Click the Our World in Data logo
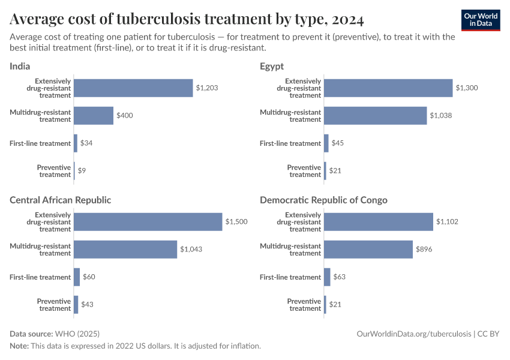click(x=480, y=20)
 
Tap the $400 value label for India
click(x=125, y=116)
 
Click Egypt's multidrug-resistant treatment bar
click(x=375, y=116)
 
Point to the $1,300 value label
click(x=467, y=88)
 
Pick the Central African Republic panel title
click(x=61, y=200)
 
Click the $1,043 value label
click(x=191, y=250)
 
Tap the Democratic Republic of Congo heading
click(x=323, y=200)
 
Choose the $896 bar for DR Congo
click(x=368, y=250)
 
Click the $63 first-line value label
click(x=339, y=277)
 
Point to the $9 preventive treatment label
click(x=82, y=171)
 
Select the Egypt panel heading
click(x=272, y=66)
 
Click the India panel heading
click(x=20, y=66)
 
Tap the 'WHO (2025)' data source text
click(x=77, y=334)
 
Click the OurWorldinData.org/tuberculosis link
click(x=413, y=334)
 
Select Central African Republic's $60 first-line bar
click(x=77, y=277)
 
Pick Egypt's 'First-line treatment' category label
click(x=290, y=143)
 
